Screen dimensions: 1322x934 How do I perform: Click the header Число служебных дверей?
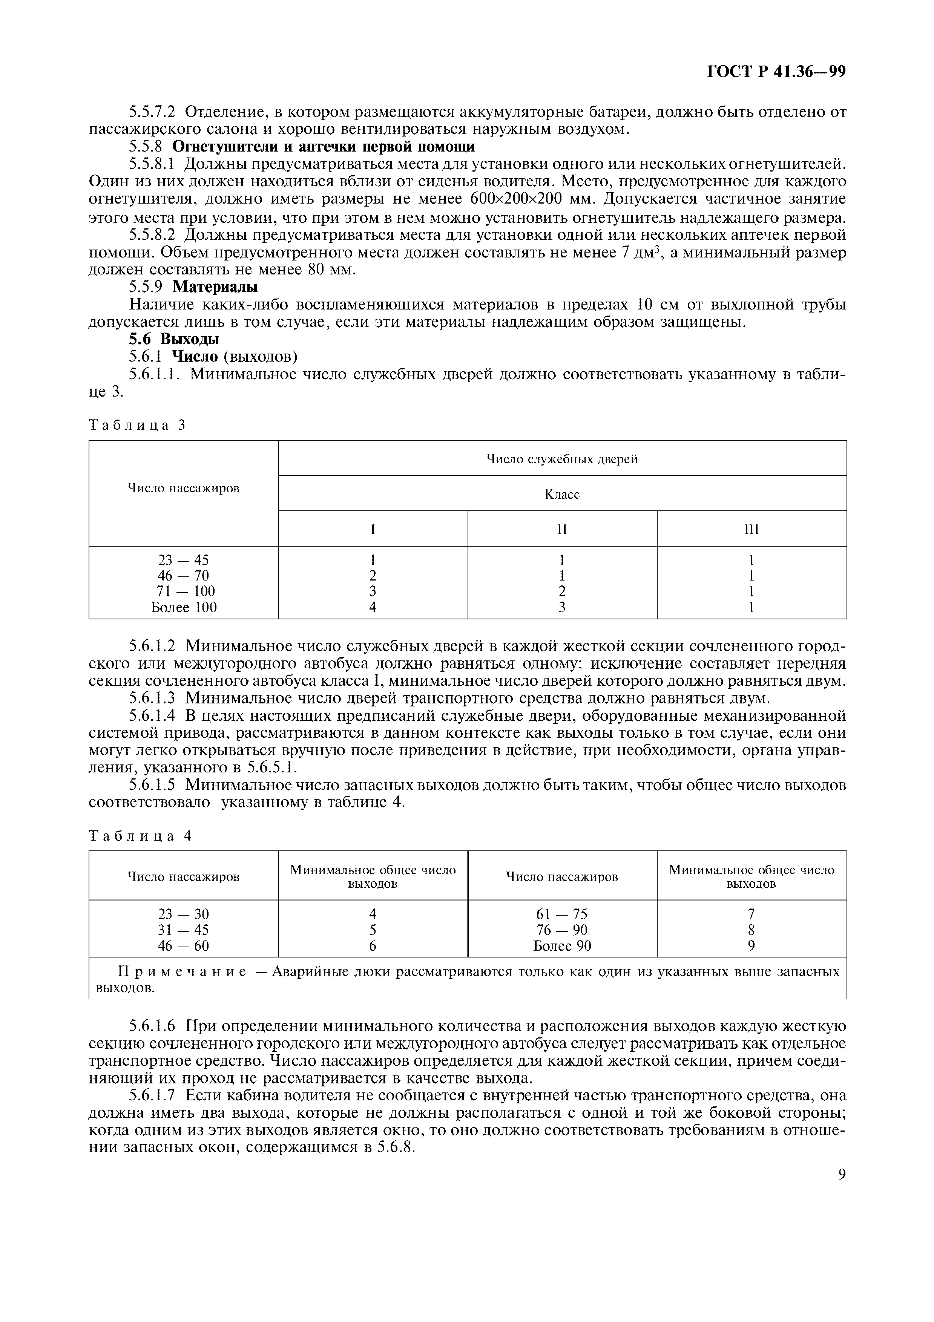coord(562,459)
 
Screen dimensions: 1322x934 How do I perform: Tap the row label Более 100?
coord(184,607)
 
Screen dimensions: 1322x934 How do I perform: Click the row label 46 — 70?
coord(183,576)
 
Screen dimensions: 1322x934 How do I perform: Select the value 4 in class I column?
coord(373,607)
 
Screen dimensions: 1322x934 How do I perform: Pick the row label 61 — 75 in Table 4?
coord(561,915)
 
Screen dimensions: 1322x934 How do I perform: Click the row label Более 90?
coord(562,945)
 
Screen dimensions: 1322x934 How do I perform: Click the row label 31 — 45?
coord(183,930)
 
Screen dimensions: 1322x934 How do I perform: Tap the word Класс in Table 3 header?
coord(562,494)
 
